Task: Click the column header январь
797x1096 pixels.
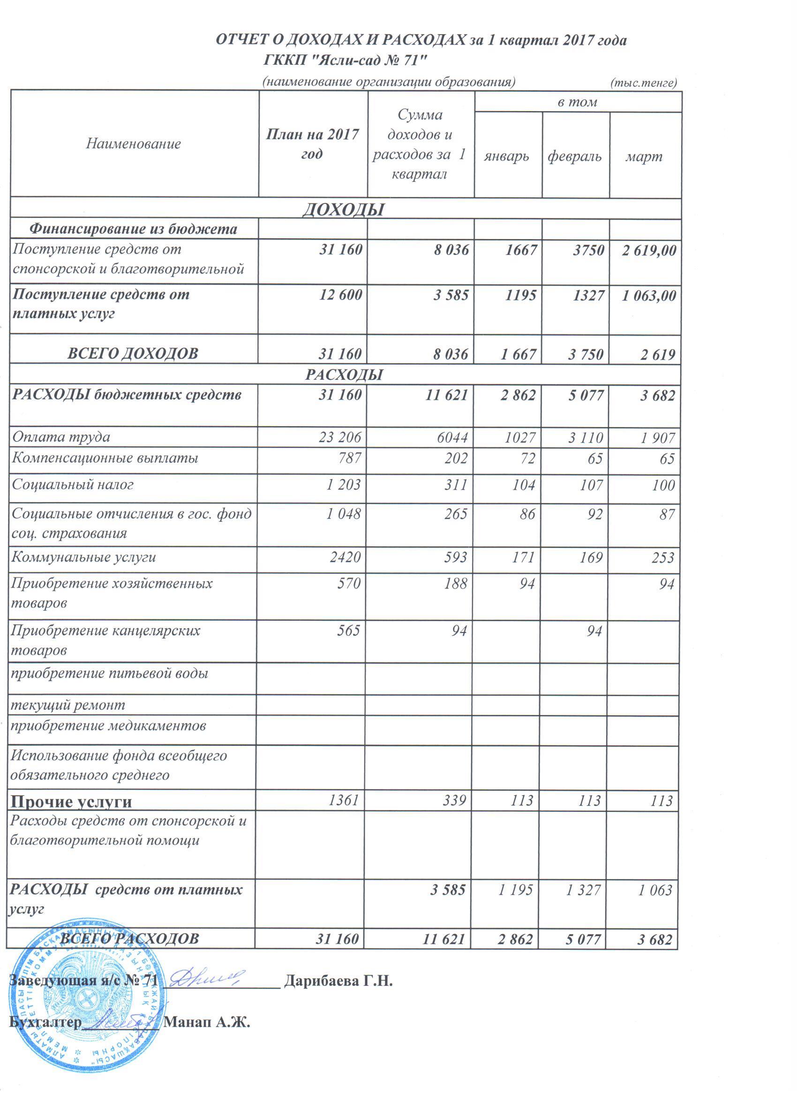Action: pos(506,156)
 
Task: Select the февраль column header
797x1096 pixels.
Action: pos(574,156)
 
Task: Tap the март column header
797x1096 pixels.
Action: pos(643,156)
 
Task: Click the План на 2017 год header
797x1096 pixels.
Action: pos(312,143)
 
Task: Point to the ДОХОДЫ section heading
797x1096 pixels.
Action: pos(343,209)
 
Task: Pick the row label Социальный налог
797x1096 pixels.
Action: pos(73,484)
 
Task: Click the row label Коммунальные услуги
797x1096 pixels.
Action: pos(83,557)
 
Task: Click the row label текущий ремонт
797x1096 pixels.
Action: pos(68,705)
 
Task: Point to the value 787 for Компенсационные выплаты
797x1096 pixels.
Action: pos(350,458)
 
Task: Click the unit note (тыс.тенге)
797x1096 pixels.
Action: pos(643,83)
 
